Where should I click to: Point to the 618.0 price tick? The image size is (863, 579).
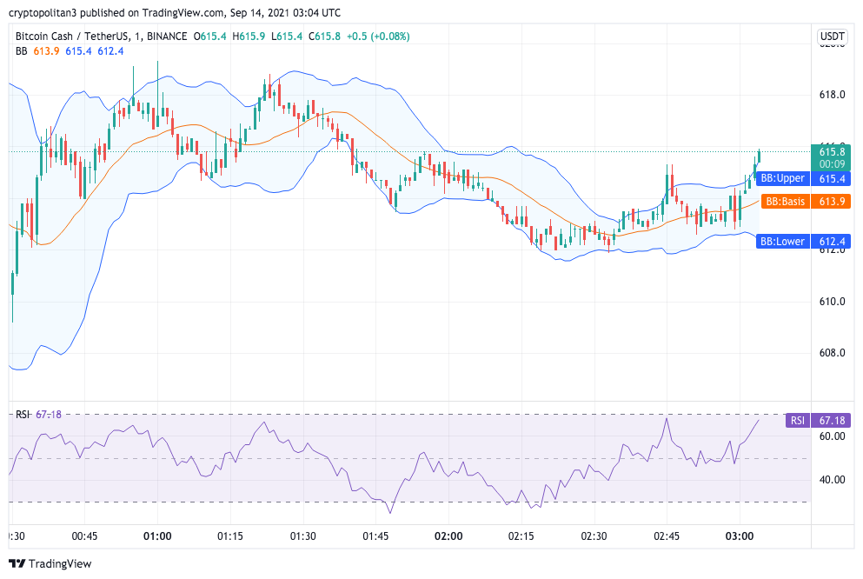[x=832, y=95]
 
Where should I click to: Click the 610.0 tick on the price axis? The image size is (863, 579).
[x=832, y=302]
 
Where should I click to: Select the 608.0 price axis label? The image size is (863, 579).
[x=832, y=353]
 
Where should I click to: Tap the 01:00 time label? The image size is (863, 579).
[x=157, y=536]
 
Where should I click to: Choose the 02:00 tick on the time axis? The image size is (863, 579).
[x=448, y=536]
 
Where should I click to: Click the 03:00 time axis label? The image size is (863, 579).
[x=739, y=536]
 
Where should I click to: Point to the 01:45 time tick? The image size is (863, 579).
[x=375, y=536]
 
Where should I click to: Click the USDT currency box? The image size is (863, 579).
[x=832, y=37]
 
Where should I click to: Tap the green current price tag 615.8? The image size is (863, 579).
[x=832, y=151]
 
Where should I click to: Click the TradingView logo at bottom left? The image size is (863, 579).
[x=50, y=563]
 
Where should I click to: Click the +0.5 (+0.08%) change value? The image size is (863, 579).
[x=378, y=37]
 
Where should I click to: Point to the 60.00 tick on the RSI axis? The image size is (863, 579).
[x=832, y=436]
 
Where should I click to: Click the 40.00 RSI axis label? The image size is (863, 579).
[x=832, y=480]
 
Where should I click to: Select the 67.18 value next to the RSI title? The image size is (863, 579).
[x=49, y=414]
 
